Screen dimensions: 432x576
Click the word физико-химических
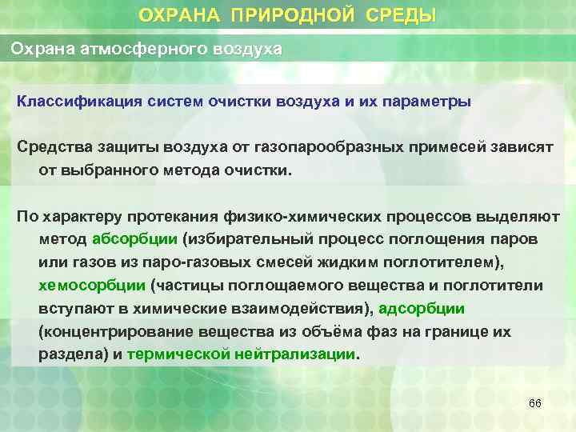[321, 216]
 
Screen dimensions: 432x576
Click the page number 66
[535, 403]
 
